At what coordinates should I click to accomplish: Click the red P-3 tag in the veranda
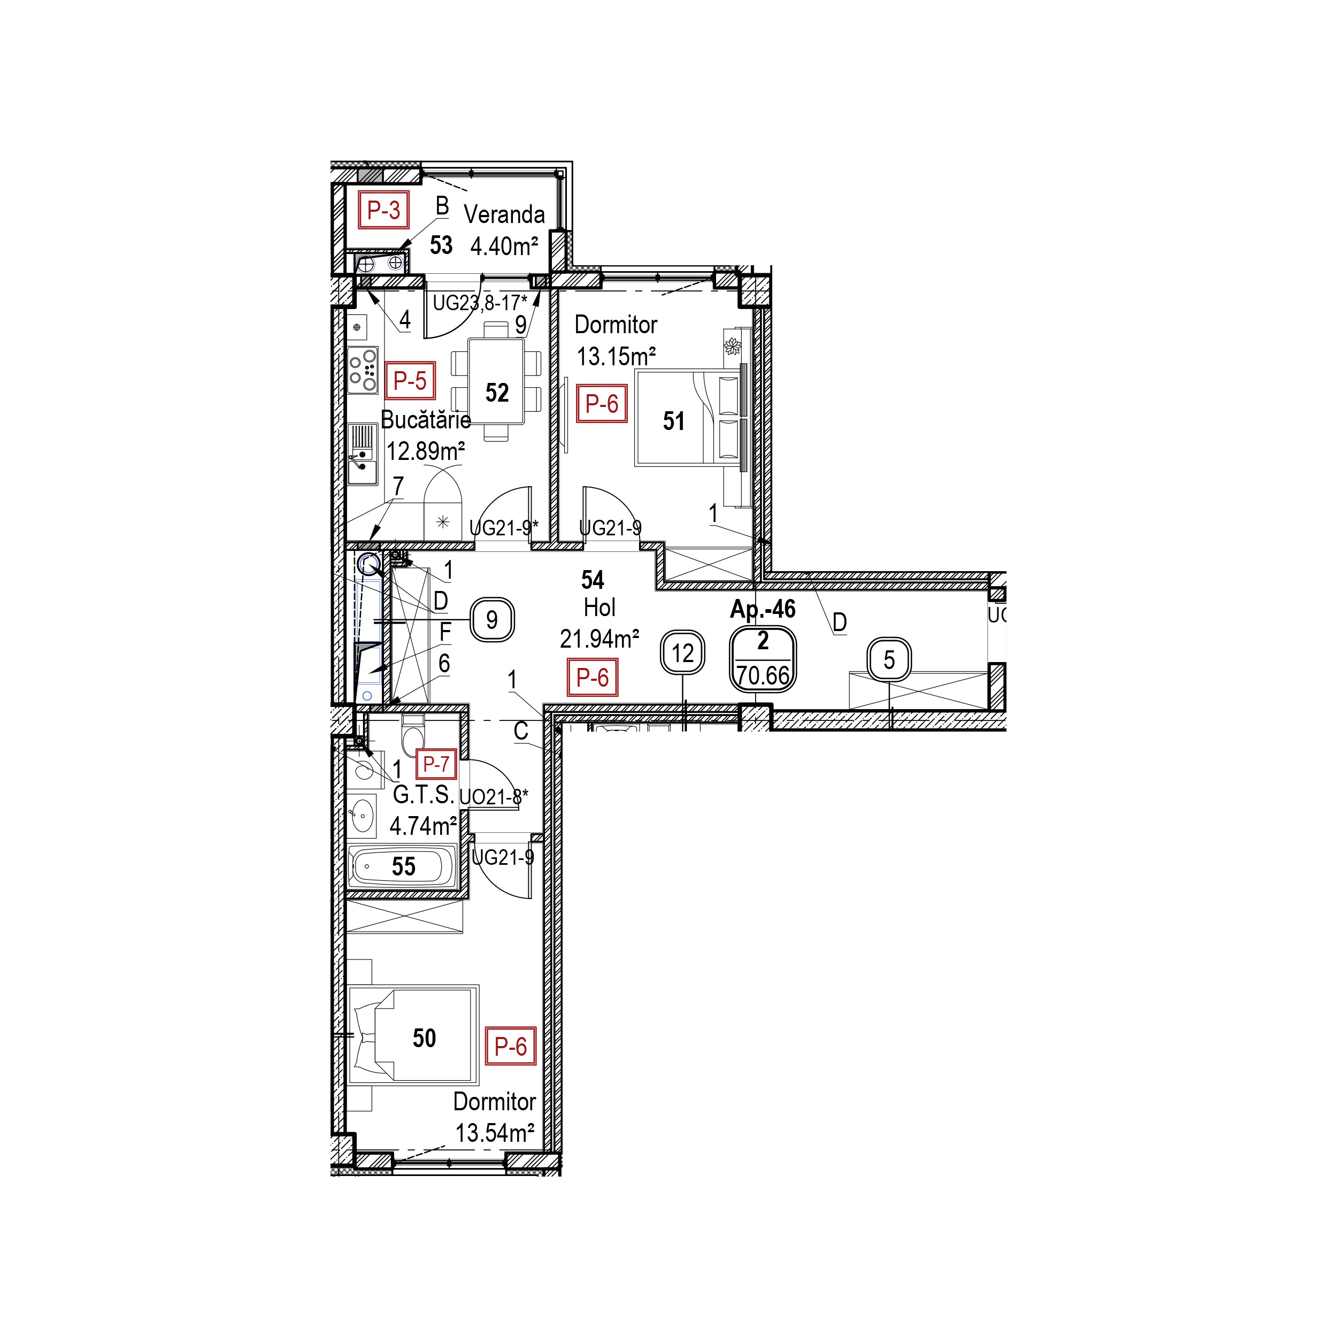click(x=383, y=210)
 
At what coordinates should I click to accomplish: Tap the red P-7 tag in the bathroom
click(x=436, y=764)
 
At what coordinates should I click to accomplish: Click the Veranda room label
click(x=504, y=214)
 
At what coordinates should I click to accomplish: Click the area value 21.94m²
click(x=600, y=638)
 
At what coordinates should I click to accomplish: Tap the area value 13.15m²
click(x=616, y=356)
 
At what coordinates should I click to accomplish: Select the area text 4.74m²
click(x=423, y=826)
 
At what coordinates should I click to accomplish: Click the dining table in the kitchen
click(x=496, y=381)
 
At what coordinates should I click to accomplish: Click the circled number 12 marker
click(x=683, y=652)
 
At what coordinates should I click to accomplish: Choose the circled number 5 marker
click(x=889, y=659)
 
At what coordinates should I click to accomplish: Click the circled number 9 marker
click(x=492, y=619)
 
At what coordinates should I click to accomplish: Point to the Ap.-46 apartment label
click(x=763, y=609)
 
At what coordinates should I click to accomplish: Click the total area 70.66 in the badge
click(x=763, y=675)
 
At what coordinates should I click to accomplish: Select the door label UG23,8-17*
click(x=480, y=302)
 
